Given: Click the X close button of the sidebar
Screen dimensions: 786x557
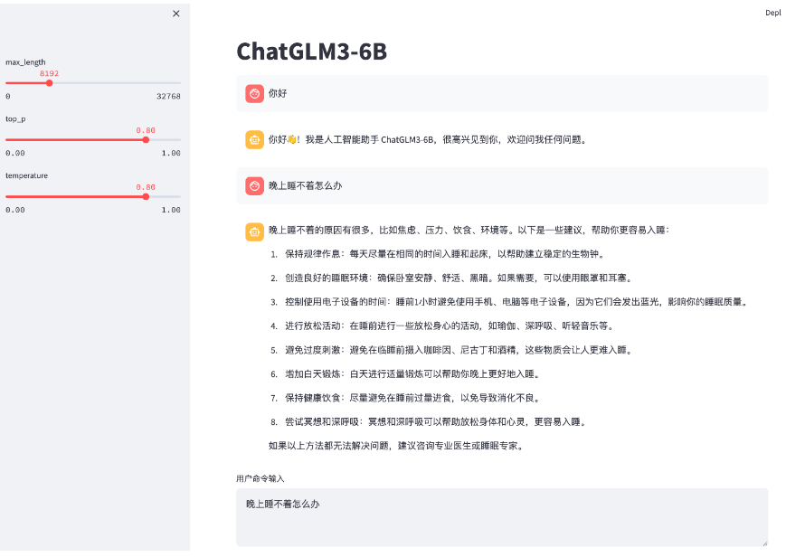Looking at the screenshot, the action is click(x=176, y=14).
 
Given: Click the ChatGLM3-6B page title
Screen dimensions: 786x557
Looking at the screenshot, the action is click(x=311, y=52).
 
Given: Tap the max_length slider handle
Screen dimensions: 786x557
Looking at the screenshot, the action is click(x=49, y=83).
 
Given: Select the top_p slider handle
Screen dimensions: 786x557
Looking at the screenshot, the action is click(x=146, y=140).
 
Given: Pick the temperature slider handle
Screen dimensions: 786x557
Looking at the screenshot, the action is click(x=146, y=196).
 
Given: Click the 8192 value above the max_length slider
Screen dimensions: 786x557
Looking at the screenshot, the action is click(x=49, y=73).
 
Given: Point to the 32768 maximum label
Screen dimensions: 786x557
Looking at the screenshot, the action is click(x=168, y=96).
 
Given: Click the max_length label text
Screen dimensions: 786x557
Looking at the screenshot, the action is click(x=25, y=62).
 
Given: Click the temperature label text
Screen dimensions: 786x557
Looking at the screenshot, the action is click(x=26, y=175).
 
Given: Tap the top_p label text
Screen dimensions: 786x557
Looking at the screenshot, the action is click(x=15, y=118).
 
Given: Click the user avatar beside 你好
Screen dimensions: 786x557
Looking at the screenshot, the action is click(x=255, y=93).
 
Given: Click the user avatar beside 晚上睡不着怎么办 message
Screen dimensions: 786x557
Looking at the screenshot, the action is click(x=255, y=185).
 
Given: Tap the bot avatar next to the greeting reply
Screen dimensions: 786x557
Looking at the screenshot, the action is click(x=255, y=140).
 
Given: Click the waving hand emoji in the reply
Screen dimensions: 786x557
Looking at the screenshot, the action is click(x=292, y=139).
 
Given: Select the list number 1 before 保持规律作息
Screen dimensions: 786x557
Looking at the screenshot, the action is click(x=274, y=254).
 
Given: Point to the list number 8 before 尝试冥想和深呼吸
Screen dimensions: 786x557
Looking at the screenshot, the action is click(x=274, y=422).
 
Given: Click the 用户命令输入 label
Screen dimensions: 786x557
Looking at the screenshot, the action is click(x=260, y=479).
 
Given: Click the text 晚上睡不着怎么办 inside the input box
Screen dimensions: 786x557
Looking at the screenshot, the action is click(x=283, y=504).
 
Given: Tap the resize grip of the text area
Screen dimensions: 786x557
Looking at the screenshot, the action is click(x=764, y=543).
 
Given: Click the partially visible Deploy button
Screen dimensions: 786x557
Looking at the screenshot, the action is click(x=773, y=13).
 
